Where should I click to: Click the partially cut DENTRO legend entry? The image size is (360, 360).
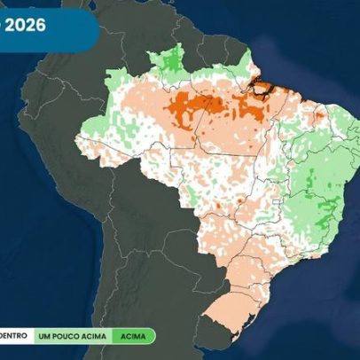tap(13, 336)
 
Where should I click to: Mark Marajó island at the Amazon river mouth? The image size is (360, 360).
tap(261, 87)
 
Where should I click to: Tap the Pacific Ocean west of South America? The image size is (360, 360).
tap(35, 248)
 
